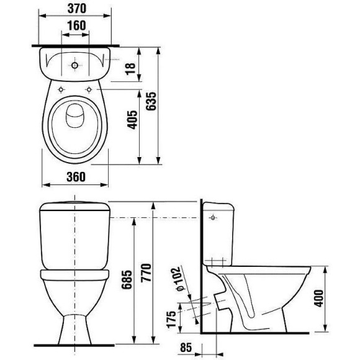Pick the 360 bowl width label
(x=74, y=176)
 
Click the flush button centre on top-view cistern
(x=74, y=65)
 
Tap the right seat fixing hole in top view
(x=89, y=90)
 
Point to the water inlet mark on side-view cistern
(x=214, y=218)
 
